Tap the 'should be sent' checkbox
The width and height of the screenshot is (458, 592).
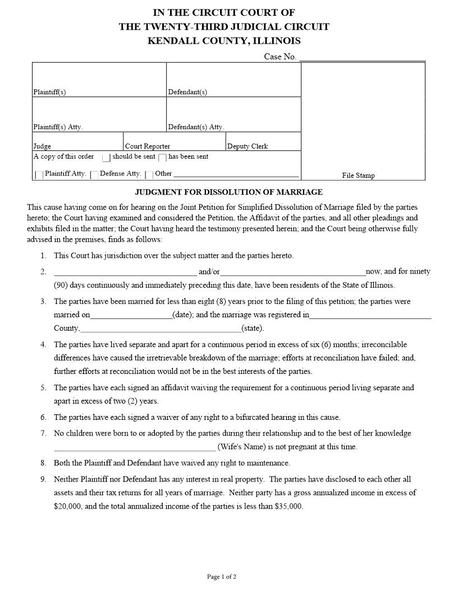(106, 158)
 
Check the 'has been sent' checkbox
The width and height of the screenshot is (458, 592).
(162, 158)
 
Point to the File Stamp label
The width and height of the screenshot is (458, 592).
(358, 175)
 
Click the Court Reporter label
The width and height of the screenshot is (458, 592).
(148, 146)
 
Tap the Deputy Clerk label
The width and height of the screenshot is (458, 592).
(248, 146)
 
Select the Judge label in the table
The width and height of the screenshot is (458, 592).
(42, 146)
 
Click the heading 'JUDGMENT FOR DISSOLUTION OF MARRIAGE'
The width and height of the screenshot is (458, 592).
(228, 192)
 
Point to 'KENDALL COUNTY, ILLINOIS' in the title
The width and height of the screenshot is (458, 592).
(224, 41)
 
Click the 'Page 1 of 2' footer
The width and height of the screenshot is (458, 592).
(222, 577)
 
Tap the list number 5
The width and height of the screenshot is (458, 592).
(43, 388)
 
